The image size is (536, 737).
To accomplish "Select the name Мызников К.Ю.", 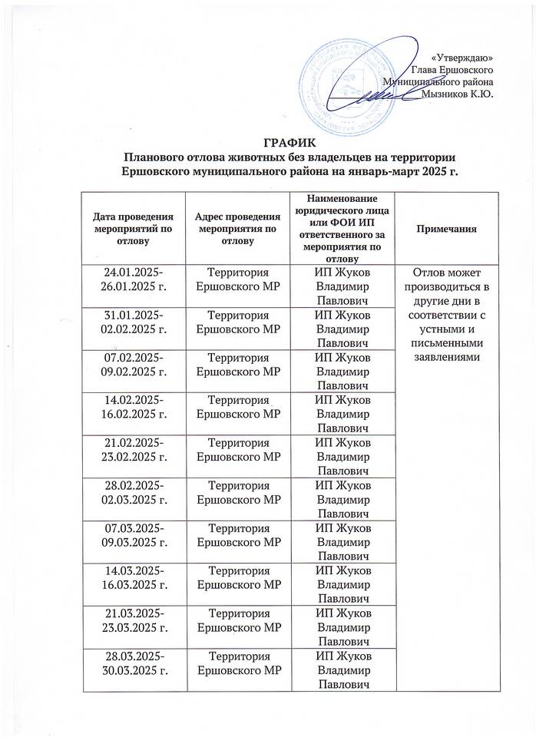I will tap(458, 94).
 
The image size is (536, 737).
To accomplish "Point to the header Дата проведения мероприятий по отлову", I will tap(134, 229).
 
